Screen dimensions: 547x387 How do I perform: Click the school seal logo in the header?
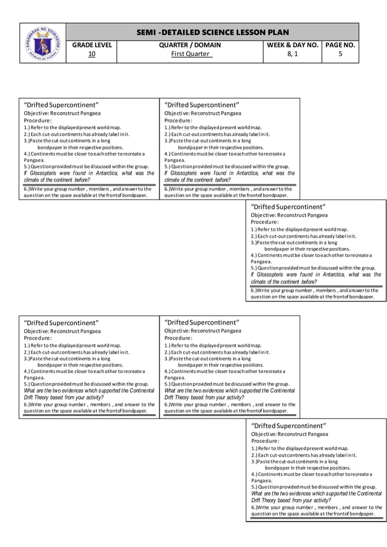coord(42,42)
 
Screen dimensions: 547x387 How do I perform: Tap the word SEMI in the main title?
coord(149,32)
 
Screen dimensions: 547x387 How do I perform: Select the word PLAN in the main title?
coord(277,32)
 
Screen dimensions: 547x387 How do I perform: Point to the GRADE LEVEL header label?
coord(92,45)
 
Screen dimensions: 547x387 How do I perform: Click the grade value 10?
coord(92,55)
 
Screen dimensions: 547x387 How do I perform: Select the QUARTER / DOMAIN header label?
coord(190,45)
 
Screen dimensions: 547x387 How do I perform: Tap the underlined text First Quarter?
coord(190,55)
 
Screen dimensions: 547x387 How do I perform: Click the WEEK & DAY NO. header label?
coord(292,45)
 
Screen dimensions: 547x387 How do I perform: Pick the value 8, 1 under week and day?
coord(292,55)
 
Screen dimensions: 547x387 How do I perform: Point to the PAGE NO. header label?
coord(340,45)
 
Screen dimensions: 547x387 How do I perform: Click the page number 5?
coord(340,55)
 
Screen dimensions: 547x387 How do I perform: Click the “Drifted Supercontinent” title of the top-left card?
coord(61,105)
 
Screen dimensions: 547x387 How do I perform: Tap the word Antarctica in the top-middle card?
coord(241,173)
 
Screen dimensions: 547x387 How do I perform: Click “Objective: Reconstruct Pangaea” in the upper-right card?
coord(289,215)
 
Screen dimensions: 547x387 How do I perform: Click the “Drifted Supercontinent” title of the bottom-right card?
coord(288,426)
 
